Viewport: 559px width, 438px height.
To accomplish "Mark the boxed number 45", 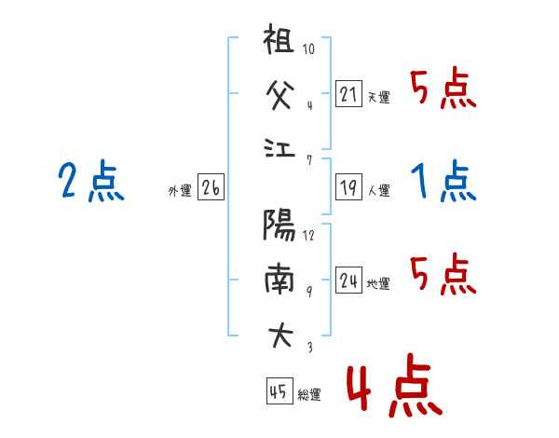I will pyautogui.click(x=278, y=392).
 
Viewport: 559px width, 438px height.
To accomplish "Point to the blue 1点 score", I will pyautogui.click(x=444, y=181).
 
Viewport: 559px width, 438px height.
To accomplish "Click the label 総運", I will pyautogui.click(x=309, y=395).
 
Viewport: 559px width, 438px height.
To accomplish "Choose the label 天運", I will pyautogui.click(x=379, y=97).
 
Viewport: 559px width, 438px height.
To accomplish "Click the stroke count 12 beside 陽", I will pyautogui.click(x=308, y=235).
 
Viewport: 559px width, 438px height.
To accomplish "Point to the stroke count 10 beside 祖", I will pyautogui.click(x=308, y=50).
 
